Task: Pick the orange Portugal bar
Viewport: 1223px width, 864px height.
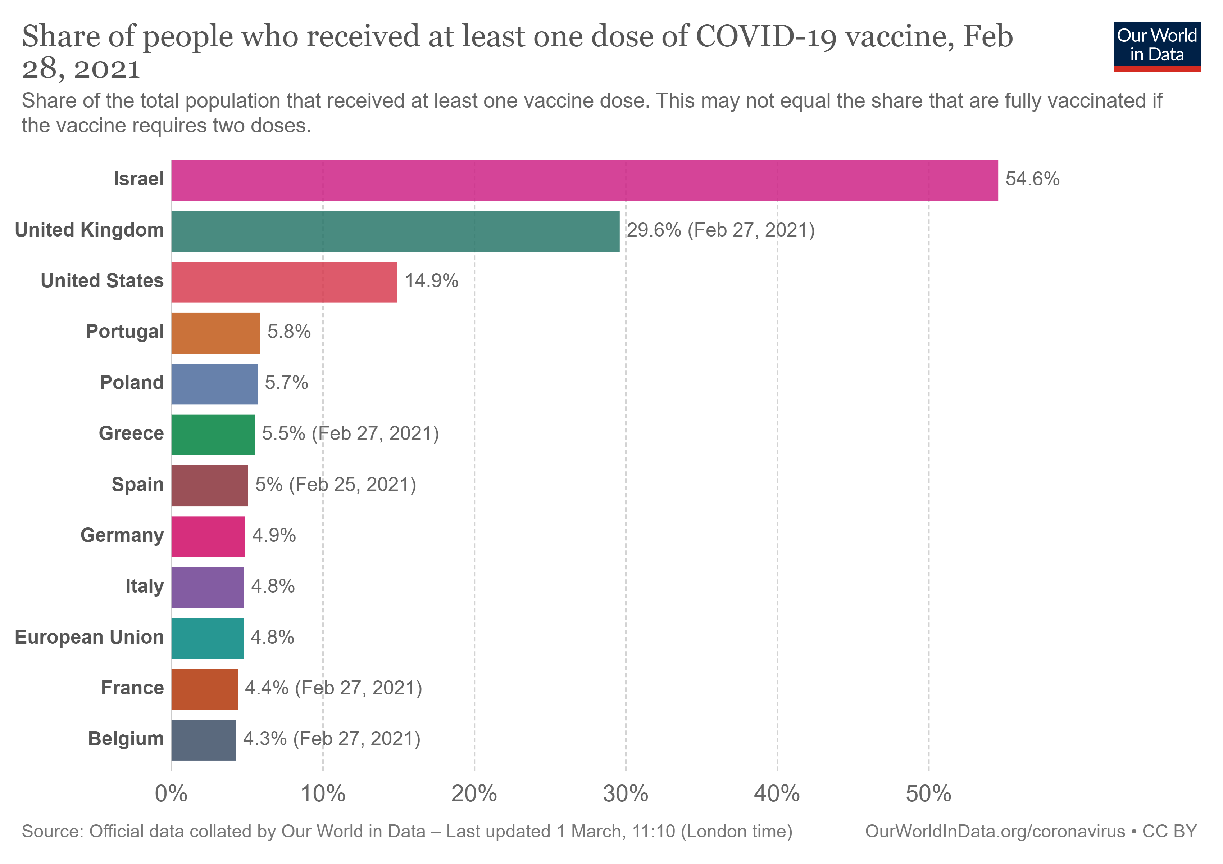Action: (x=216, y=333)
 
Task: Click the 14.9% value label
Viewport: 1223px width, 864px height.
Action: (x=431, y=281)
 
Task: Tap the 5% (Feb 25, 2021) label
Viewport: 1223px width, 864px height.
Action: (x=336, y=485)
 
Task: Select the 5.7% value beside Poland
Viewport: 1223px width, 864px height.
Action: (x=287, y=383)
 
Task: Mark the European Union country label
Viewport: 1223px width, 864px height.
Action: (x=89, y=638)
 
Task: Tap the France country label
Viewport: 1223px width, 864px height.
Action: (x=132, y=688)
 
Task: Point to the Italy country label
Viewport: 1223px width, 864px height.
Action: (x=144, y=586)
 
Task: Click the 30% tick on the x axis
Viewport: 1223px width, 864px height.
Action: (x=626, y=794)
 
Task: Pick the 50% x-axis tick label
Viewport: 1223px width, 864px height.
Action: (x=928, y=794)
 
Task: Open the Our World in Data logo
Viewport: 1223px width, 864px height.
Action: (x=1156, y=46)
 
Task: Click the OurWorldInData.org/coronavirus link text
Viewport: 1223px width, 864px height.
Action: (x=995, y=832)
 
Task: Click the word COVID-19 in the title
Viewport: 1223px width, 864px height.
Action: (x=766, y=37)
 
